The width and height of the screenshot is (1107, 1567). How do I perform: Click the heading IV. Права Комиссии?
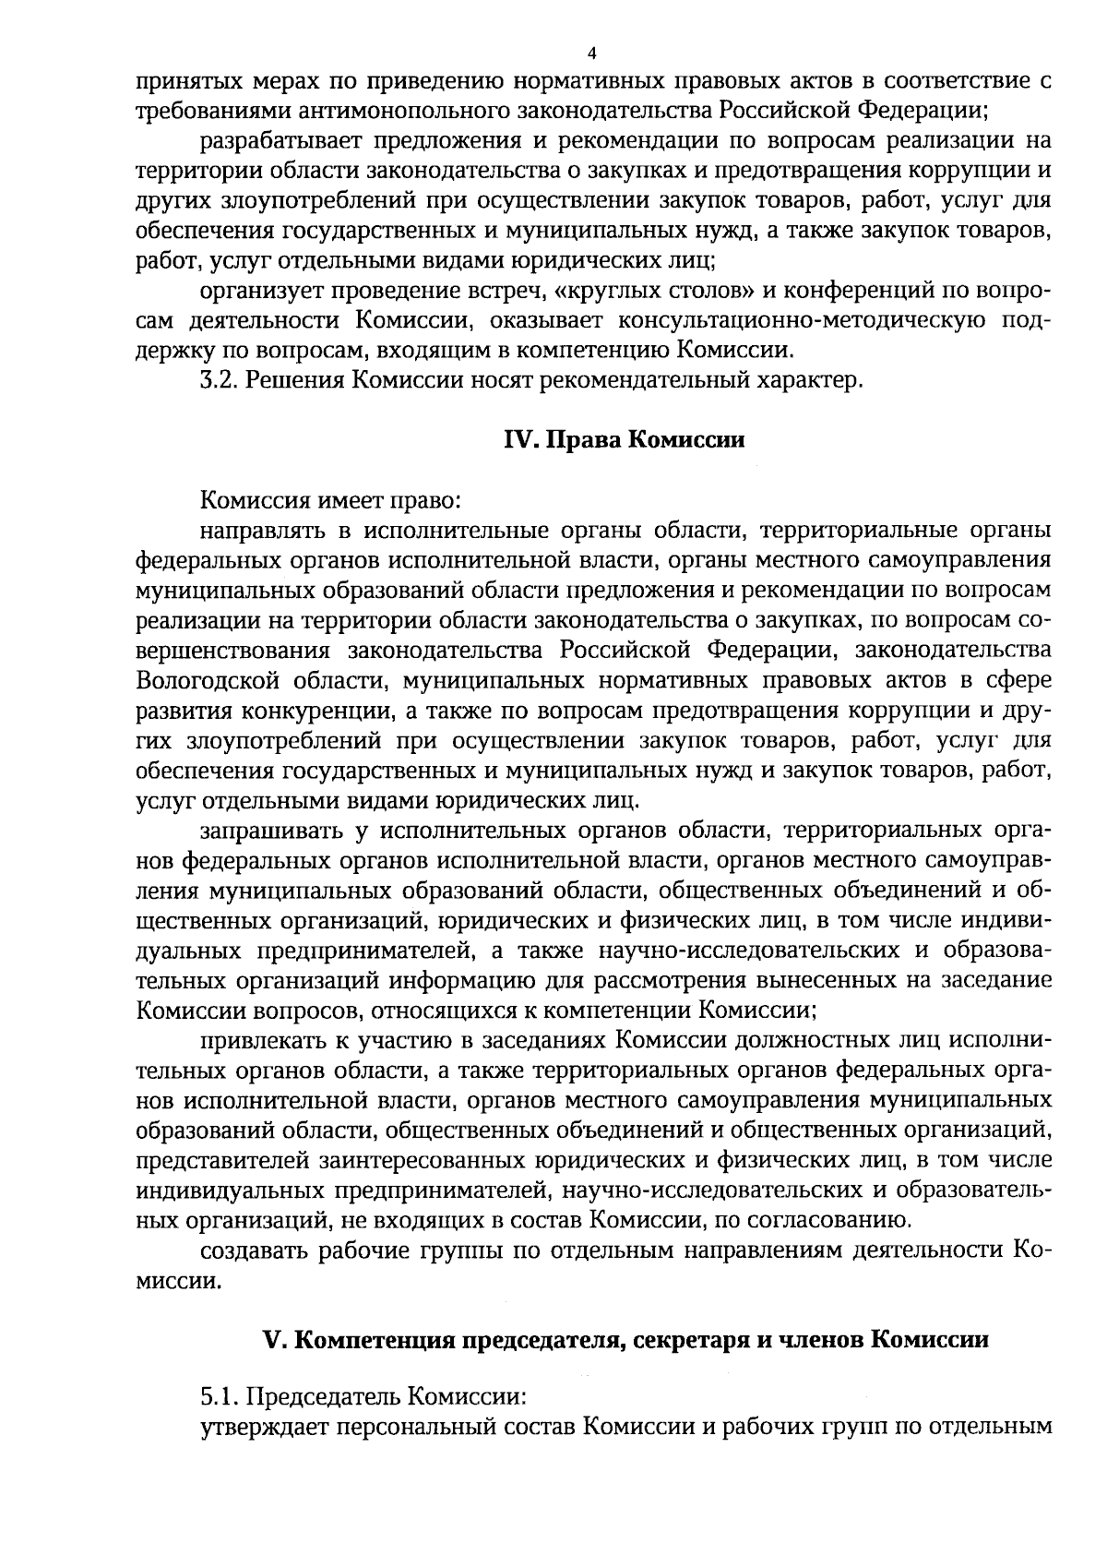click(624, 440)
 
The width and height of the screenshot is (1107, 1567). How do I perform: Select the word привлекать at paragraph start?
click(263, 1041)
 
